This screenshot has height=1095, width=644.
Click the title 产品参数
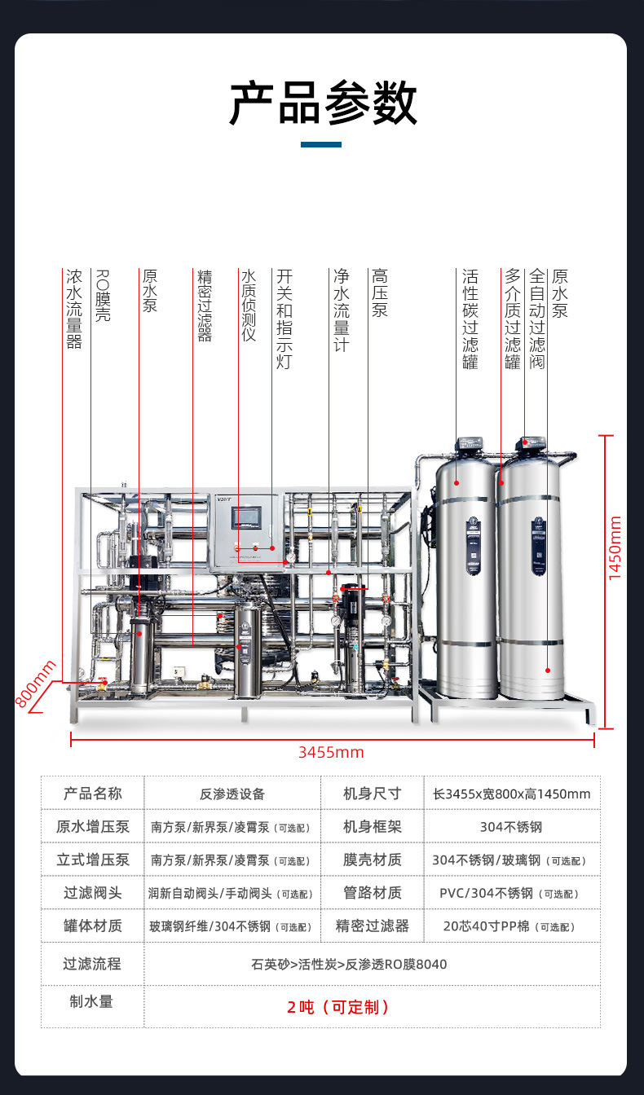pos(323,103)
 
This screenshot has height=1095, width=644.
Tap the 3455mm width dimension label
pos(330,752)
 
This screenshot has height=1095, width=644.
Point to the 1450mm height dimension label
pos(615,547)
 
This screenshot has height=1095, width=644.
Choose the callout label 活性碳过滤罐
pos(470,319)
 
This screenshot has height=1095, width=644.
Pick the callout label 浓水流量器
pos(74,310)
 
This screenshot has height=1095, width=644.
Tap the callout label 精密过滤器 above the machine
pos(205,306)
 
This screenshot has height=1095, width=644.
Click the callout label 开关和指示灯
pos(284,319)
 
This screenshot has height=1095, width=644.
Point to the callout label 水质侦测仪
pos(249,306)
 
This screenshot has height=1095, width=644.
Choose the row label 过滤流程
pos(92,964)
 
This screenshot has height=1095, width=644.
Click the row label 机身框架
pos(373,827)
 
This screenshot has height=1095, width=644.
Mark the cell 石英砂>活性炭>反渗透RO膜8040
pos(349,965)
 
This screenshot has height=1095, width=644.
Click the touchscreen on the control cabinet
pos(246,518)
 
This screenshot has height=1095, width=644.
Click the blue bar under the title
pos(321,145)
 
